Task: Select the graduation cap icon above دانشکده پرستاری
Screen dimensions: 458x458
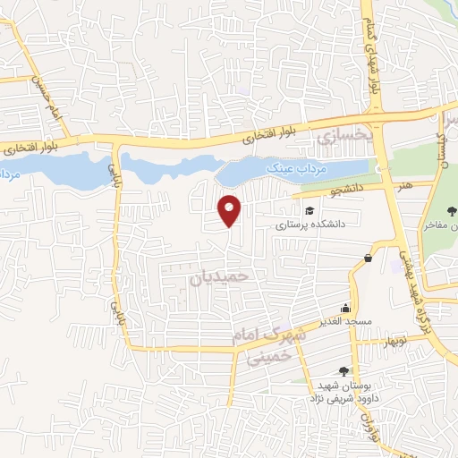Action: [310, 211]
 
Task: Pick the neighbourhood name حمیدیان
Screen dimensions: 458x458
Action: [216, 279]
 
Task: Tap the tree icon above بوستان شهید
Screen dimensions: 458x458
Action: [344, 371]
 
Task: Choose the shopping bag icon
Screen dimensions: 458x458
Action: [368, 259]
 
